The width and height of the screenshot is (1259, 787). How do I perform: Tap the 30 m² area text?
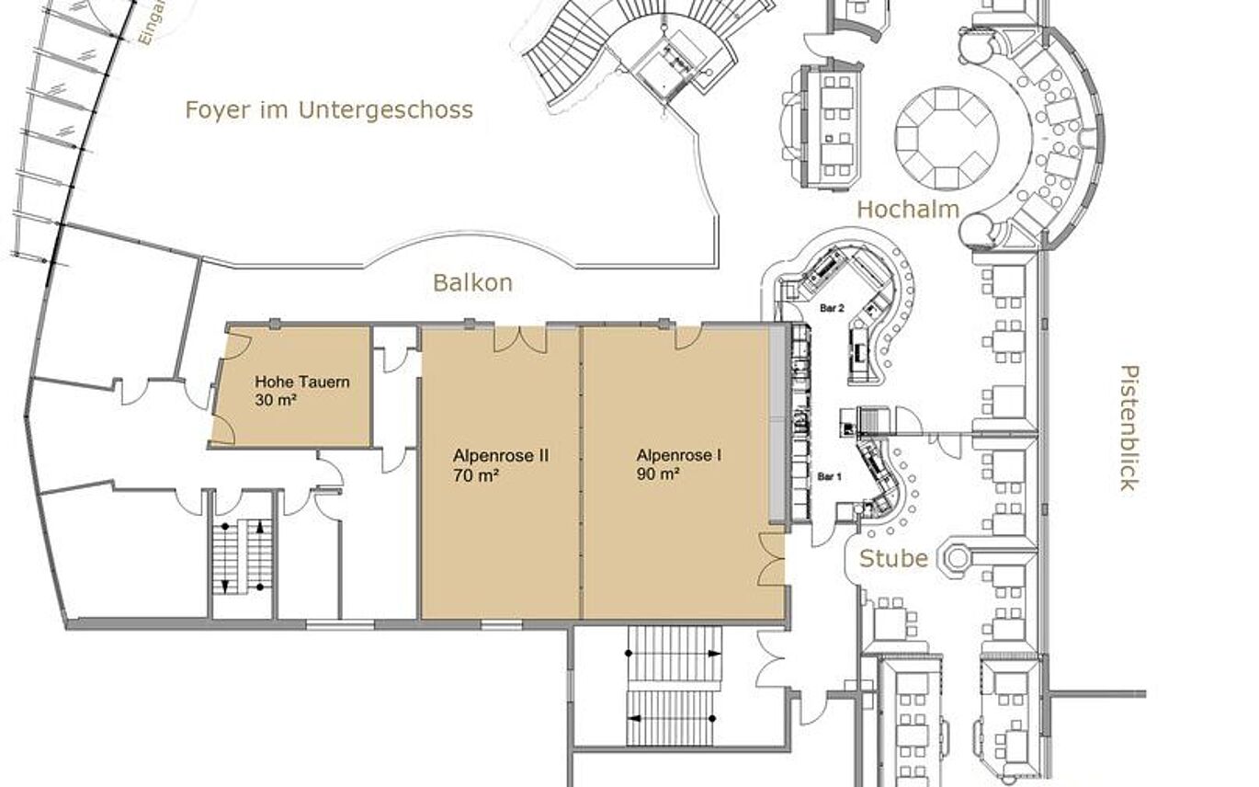[276, 401]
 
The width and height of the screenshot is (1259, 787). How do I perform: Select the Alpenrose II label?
[500, 455]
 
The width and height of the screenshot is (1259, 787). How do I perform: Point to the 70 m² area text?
[476, 475]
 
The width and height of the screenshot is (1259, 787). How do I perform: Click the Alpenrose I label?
[678, 455]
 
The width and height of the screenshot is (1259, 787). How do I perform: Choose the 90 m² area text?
[658, 475]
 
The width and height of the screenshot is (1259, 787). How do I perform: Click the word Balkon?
[472, 283]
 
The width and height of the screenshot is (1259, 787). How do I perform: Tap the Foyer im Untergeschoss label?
[329, 110]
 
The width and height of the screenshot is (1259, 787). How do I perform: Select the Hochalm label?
[907, 210]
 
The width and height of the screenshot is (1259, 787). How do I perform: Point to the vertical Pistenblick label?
[1129, 428]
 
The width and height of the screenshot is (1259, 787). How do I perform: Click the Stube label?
[892, 558]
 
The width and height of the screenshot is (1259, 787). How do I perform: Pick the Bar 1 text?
[830, 476]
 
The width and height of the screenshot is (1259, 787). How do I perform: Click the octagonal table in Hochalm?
[946, 138]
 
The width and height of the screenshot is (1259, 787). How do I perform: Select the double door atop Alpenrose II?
[520, 339]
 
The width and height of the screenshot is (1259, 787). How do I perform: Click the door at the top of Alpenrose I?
[688, 337]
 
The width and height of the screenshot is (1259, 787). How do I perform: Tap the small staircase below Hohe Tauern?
[242, 556]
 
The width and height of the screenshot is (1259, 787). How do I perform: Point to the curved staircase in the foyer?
[570, 51]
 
